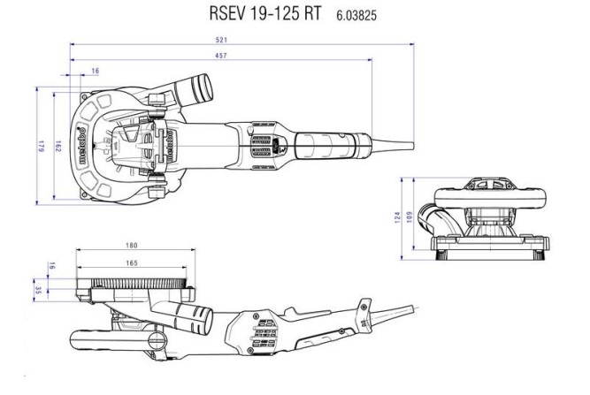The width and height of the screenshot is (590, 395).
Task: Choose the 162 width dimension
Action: pyautogui.click(x=57, y=146)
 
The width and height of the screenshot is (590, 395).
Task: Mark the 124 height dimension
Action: pyautogui.click(x=399, y=216)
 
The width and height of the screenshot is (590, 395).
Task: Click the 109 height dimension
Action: pyautogui.click(x=410, y=215)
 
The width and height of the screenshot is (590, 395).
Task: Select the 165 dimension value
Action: pyautogui.click(x=130, y=262)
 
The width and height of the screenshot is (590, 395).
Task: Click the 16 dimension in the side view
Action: pyautogui.click(x=52, y=264)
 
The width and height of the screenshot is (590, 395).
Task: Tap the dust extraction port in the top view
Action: pyautogui.click(x=196, y=89)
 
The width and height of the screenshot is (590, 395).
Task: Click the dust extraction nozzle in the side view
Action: pyautogui.click(x=200, y=316)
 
